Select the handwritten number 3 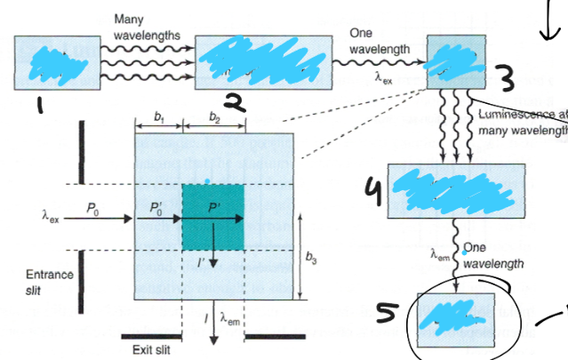[507, 81]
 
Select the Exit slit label [150, 349]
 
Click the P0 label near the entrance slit [92, 207]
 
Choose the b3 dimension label [310, 259]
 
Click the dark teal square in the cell [212, 217]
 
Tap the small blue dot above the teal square [207, 180]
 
